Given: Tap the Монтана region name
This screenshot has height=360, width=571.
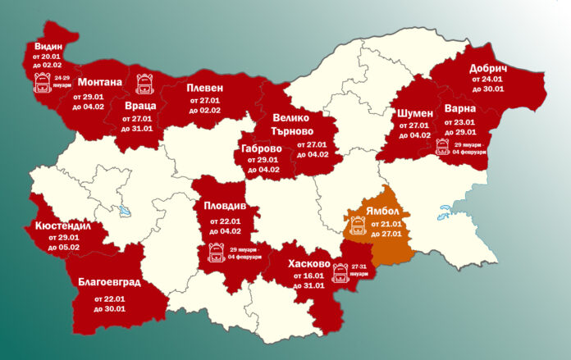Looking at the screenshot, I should click(99, 82).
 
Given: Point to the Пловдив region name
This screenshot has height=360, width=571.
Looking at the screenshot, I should click(225, 205).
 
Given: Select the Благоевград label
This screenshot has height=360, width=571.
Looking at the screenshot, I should click(108, 283).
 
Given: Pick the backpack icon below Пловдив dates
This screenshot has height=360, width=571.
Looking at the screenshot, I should click(217, 252).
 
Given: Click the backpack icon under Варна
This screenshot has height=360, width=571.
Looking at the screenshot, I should click(441, 147).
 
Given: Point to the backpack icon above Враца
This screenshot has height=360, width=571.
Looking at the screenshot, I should click(144, 82).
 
